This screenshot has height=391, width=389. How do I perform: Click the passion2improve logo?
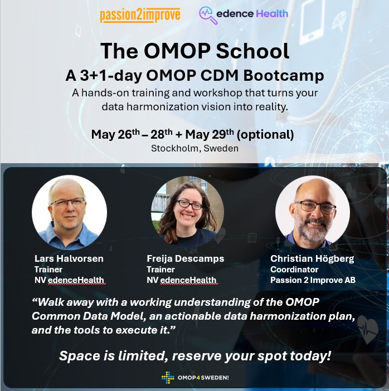[x=140, y=15]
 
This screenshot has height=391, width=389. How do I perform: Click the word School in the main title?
[x=252, y=51]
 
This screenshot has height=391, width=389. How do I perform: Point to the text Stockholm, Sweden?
[x=194, y=148]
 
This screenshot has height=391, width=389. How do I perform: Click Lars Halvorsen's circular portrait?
[x=69, y=212]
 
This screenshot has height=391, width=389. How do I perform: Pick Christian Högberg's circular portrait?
[x=313, y=212]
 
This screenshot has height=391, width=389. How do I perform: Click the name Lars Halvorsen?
[x=69, y=259]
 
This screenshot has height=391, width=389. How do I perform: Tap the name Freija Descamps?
[x=185, y=259]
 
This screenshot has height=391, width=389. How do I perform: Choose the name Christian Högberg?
[x=313, y=259]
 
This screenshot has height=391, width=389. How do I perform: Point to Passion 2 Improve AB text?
[x=313, y=280]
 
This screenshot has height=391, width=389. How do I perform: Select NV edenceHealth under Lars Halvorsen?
[x=69, y=280]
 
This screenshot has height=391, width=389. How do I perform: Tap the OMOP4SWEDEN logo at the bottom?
[x=195, y=378]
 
